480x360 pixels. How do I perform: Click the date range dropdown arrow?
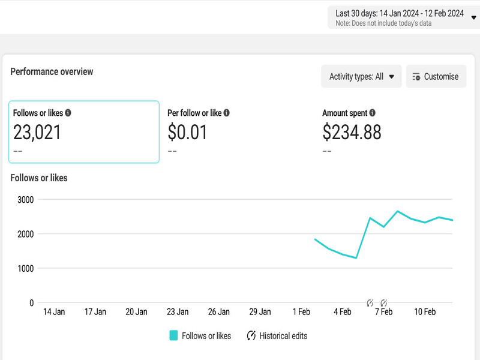(474, 17)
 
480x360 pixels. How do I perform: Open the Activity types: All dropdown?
(361, 77)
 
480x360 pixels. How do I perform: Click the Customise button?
(436, 77)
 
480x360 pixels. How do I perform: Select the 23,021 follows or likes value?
(37, 132)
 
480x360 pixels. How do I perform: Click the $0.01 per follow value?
(187, 132)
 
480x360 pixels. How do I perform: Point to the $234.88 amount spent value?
(352, 132)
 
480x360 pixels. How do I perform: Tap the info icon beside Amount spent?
(373, 113)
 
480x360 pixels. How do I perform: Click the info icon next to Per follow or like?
(226, 113)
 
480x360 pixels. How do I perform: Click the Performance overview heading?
(52, 71)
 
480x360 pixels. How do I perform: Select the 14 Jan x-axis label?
(54, 312)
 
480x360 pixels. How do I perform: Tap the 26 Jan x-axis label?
(219, 312)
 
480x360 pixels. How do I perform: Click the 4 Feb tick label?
(343, 312)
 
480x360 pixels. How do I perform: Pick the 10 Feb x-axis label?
(425, 312)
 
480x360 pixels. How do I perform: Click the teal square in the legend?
(173, 336)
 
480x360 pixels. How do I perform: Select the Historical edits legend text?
(283, 336)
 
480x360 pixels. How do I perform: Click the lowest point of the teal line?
(356, 258)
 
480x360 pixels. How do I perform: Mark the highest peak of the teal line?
(397, 211)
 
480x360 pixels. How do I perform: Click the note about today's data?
(383, 23)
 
